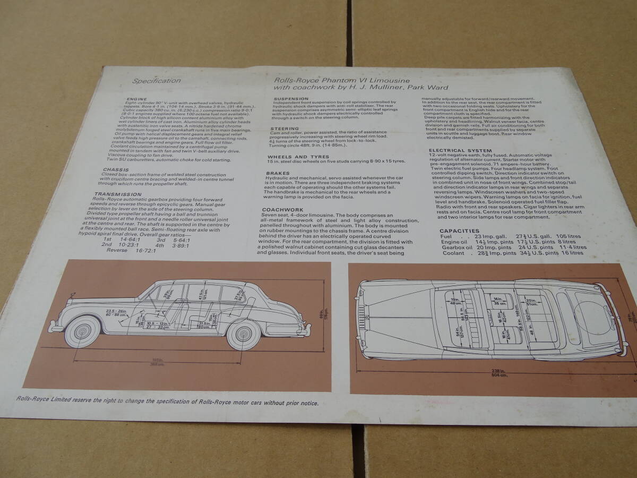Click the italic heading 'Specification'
coord(156,81)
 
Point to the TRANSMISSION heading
coord(113,194)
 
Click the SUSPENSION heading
coord(291,99)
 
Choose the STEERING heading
coord(284,129)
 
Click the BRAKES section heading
coord(278,173)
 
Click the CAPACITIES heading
coord(460,231)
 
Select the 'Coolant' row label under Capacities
coord(453,253)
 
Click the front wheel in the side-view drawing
coord(82,331)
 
